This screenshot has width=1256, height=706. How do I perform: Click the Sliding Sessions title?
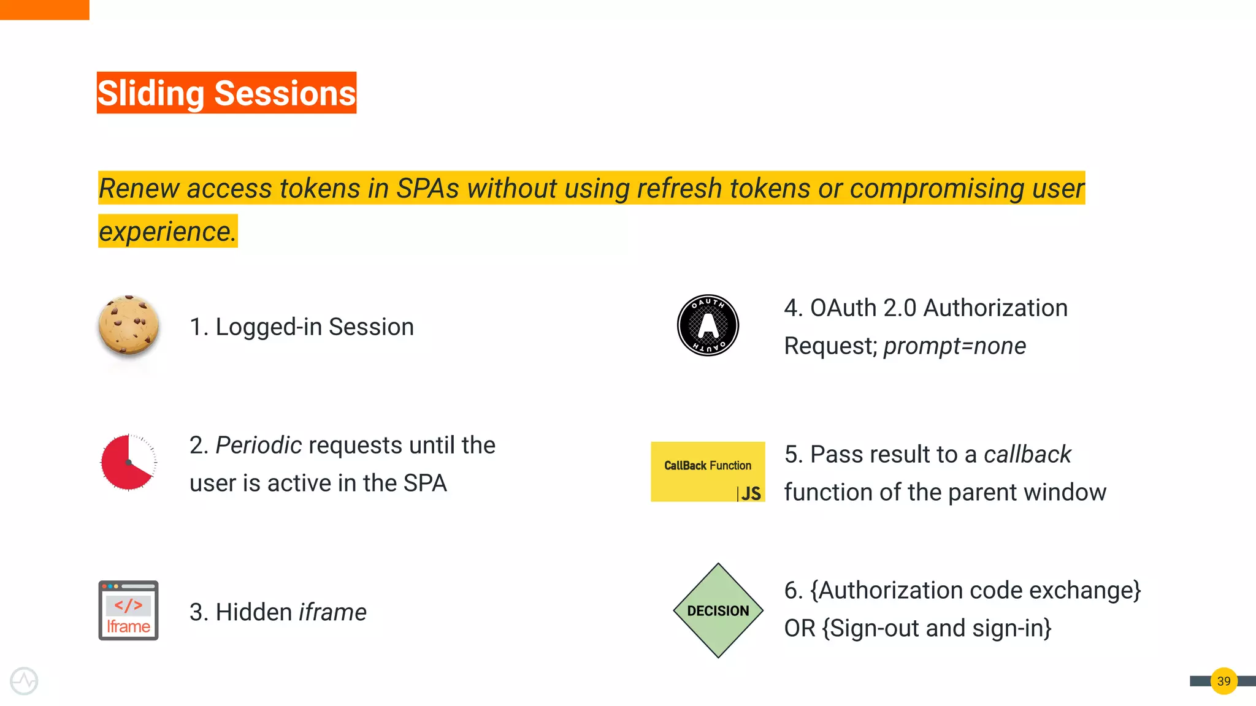pos(226,93)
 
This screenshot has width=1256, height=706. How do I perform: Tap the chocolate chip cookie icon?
pos(128,325)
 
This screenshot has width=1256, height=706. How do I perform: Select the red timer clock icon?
pos(128,463)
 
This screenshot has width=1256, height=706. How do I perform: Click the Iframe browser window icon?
pos(128,610)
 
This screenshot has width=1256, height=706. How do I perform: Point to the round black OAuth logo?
pos(708,325)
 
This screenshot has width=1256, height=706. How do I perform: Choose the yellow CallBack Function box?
pos(708,471)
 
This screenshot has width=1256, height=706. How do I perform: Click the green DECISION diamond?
pos(718,610)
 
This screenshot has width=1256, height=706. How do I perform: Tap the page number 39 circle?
pos(1223,681)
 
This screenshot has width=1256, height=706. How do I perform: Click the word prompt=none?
pos(954,346)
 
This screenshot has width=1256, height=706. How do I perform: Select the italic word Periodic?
pos(258,446)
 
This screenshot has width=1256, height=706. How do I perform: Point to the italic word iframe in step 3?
pos(332,612)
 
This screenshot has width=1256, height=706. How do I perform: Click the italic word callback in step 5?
pos(1027,455)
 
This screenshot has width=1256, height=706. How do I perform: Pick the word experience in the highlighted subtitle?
pos(167,232)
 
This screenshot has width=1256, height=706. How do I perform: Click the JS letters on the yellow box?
pos(751,493)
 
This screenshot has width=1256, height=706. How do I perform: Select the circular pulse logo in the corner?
pos(24,681)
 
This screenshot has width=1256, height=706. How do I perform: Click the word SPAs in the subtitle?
pos(427,189)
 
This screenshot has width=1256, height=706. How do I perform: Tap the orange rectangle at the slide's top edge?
pos(44,9)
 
